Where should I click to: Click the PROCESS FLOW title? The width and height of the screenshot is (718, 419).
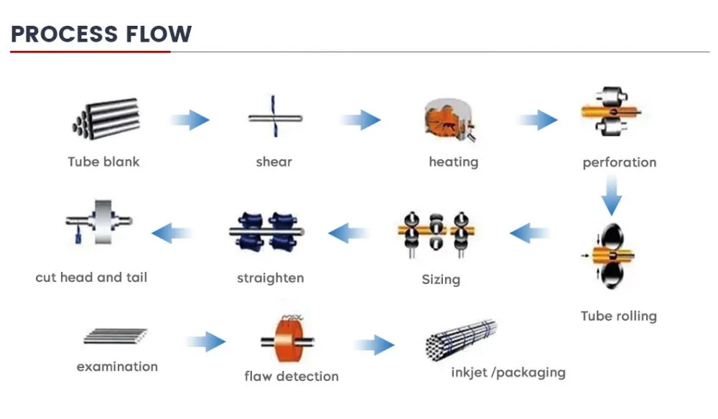(101, 34)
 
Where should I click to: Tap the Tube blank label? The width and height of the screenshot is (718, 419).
(103, 161)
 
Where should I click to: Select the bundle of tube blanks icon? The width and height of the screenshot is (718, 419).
(106, 118)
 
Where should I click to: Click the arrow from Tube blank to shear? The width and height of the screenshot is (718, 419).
(189, 120)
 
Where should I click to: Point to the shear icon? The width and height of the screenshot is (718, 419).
(275, 117)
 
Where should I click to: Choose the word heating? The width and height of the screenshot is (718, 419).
(453, 162)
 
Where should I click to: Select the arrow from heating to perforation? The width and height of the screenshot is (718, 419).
(537, 120)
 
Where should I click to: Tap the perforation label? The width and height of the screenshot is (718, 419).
(619, 162)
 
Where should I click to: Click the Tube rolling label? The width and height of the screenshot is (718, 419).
(619, 316)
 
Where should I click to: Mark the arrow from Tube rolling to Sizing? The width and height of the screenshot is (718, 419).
(530, 233)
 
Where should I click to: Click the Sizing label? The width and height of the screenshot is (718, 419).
(441, 279)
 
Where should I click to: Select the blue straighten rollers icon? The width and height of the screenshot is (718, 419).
(267, 232)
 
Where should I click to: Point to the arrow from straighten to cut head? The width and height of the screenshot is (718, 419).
(172, 233)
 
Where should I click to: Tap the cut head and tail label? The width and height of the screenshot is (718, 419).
(91, 277)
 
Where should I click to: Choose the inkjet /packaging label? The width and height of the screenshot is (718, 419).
(508, 373)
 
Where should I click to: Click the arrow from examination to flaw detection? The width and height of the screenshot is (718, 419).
(206, 342)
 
